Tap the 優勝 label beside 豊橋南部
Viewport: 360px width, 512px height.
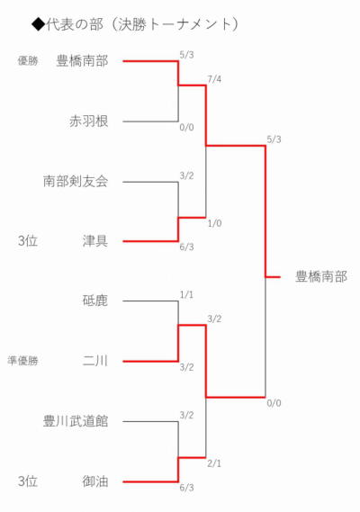[28, 60]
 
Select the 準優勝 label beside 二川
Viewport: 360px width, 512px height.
[22, 361]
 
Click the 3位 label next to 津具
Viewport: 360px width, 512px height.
[28, 241]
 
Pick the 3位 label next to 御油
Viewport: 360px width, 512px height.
[28, 481]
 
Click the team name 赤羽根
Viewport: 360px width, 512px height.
[88, 121]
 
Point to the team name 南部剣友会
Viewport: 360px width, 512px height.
[76, 181]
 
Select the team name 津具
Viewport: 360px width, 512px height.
[95, 241]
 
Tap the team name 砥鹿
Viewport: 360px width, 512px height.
[95, 301]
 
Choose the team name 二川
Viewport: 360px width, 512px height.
[95, 361]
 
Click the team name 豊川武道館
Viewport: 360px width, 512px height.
[76, 421]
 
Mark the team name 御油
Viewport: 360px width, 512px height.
[95, 481]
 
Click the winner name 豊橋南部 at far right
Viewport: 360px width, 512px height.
[321, 276]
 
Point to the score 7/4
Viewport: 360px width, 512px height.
[214, 79]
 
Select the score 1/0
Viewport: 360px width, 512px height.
[214, 223]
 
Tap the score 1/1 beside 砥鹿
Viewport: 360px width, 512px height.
[186, 295]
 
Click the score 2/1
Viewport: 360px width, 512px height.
[214, 463]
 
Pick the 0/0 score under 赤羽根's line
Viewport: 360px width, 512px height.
[186, 127]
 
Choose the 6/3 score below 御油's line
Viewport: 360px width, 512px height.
[186, 488]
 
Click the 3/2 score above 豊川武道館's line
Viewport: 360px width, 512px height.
[186, 416]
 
